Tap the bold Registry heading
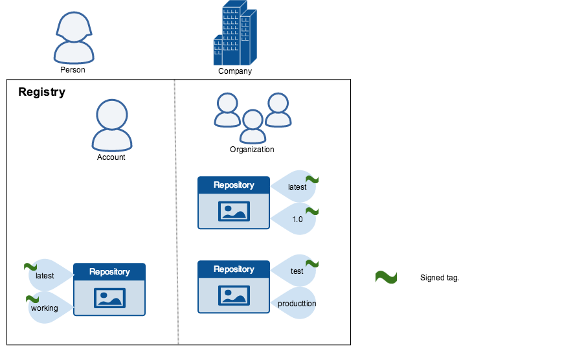click(41, 92)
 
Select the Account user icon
click(112, 125)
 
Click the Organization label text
click(252, 150)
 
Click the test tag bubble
click(295, 271)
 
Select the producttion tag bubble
click(295, 303)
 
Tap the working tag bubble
click(46, 308)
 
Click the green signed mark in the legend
click(386, 277)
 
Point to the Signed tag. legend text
click(440, 278)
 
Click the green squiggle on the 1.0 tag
click(312, 211)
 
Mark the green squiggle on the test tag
click(312, 264)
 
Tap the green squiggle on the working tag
click(32, 298)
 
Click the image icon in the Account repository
click(109, 298)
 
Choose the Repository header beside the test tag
click(234, 269)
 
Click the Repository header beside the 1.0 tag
click(234, 185)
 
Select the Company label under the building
click(235, 71)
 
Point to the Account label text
click(111, 157)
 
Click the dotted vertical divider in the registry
click(176, 214)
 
